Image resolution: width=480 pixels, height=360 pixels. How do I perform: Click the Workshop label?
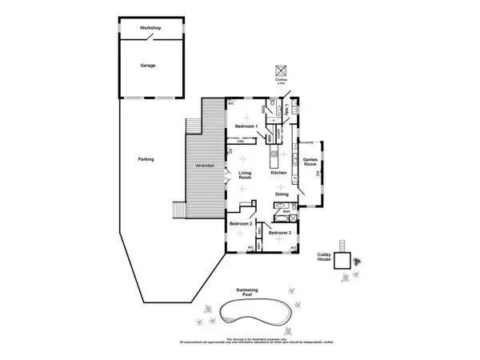pos(150,29)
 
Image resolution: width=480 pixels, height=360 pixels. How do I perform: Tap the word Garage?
pos(148,65)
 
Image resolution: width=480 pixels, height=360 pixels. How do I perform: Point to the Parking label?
pos(146,159)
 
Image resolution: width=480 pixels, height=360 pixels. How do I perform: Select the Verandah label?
pos(205,165)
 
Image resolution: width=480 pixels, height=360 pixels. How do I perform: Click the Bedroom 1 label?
pos(246,126)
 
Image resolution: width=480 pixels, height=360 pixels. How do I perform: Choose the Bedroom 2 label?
pos(241,224)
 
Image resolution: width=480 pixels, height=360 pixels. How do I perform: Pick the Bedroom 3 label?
pos(279,233)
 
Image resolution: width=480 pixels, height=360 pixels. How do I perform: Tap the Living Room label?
pos(245,175)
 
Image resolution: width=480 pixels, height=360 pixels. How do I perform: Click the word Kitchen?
pos(278,173)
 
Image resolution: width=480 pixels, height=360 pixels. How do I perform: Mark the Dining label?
pos(282,194)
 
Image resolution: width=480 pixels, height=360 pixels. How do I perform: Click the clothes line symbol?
pos(281,70)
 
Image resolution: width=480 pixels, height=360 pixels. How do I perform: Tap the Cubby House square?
pos(342,261)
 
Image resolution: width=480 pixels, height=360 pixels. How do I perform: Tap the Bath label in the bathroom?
pos(286,211)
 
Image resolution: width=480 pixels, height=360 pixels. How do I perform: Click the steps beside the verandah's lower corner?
pos(178,209)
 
